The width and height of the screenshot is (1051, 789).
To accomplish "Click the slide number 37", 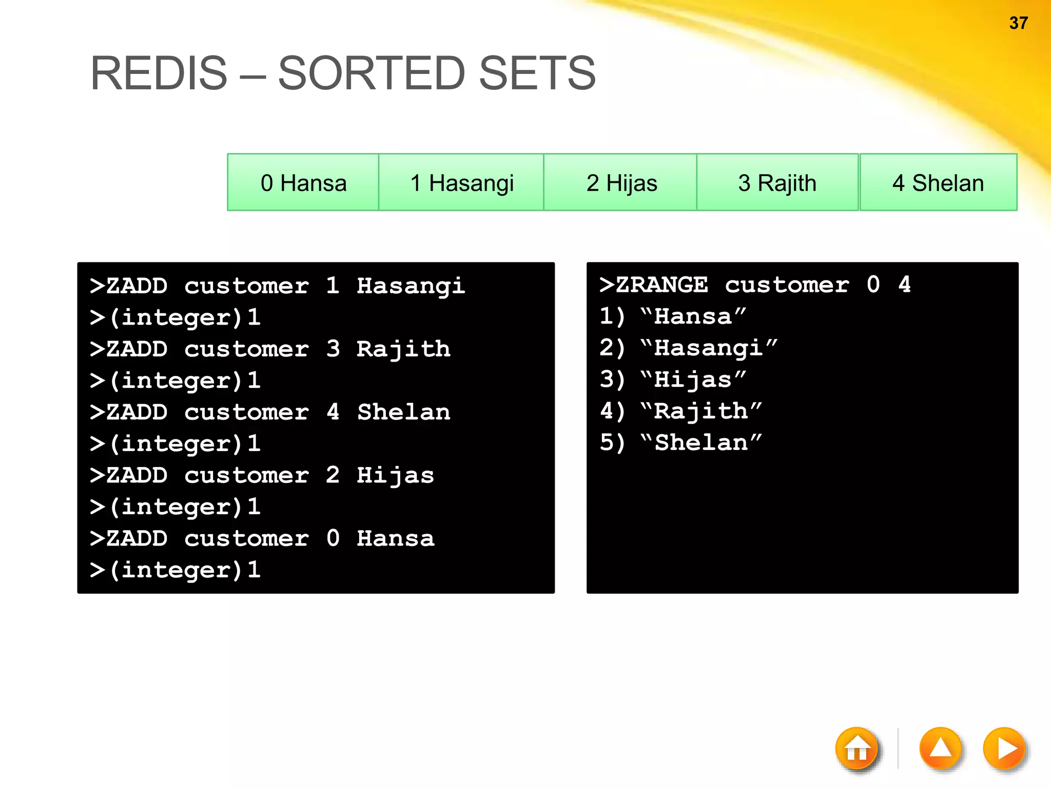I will (1018, 23).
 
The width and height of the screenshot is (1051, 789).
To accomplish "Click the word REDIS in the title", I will (159, 73).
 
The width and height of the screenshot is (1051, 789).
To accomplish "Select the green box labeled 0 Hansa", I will (303, 182).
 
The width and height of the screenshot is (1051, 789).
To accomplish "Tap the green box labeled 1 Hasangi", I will (461, 182).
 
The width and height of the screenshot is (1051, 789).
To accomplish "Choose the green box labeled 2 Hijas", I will (621, 182).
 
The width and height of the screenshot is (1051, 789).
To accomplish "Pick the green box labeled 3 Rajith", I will (777, 182).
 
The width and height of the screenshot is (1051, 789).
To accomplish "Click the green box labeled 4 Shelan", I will (938, 182).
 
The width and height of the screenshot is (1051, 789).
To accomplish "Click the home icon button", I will (857, 749).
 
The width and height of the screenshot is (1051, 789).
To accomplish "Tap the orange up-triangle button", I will (940, 748).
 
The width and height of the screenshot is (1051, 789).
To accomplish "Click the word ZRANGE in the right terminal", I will (661, 285).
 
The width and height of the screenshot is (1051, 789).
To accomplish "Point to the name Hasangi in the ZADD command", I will (411, 286).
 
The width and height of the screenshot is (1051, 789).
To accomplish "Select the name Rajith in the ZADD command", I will (403, 349).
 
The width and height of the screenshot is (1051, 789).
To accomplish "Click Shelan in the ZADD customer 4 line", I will (403, 412).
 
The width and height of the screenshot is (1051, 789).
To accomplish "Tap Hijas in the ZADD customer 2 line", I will (395, 476).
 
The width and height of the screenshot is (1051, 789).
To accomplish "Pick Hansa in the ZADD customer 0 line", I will (395, 539).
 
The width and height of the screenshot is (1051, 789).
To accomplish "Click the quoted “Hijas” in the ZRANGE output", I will (693, 380).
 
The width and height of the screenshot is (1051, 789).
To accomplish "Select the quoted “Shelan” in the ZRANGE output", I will (701, 443).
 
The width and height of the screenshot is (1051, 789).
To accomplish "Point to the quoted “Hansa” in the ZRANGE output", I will (693, 316).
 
